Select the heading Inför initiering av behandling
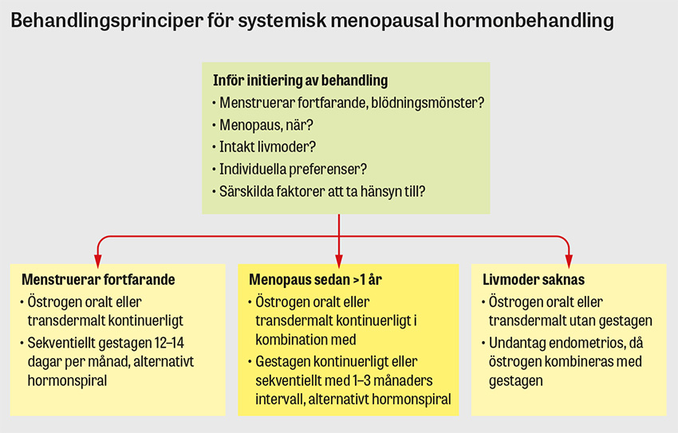click(300, 81)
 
